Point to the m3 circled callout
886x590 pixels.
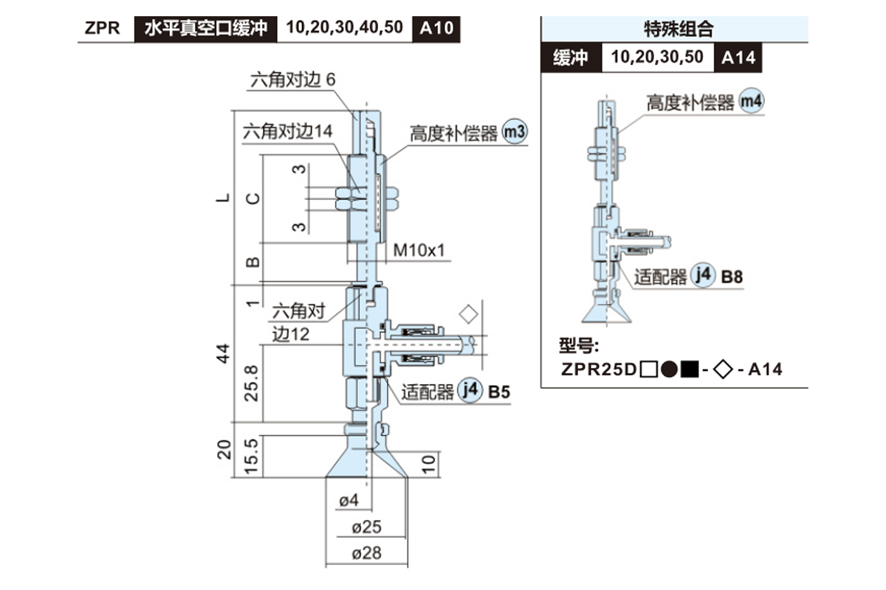coord(514,133)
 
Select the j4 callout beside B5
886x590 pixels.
coord(470,391)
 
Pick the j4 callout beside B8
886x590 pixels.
coord(703,276)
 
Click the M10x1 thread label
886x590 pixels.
coord(419,250)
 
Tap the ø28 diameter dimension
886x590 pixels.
coord(367,552)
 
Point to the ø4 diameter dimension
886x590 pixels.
coord(348,502)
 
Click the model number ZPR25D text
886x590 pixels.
coord(599,369)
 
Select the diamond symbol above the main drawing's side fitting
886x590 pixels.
coord(467,314)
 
